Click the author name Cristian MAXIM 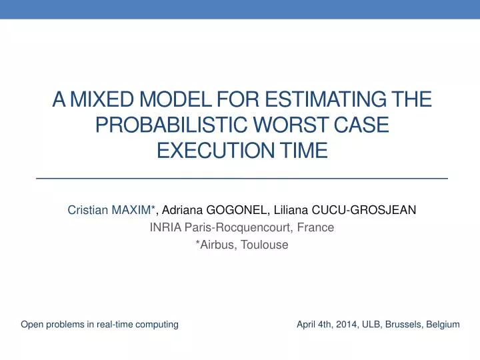(x=111, y=210)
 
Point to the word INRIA (x=164, y=227)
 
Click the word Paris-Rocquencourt (x=238, y=227)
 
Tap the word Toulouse (x=265, y=245)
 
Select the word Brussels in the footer (x=405, y=325)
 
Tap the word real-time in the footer (x=115, y=325)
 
